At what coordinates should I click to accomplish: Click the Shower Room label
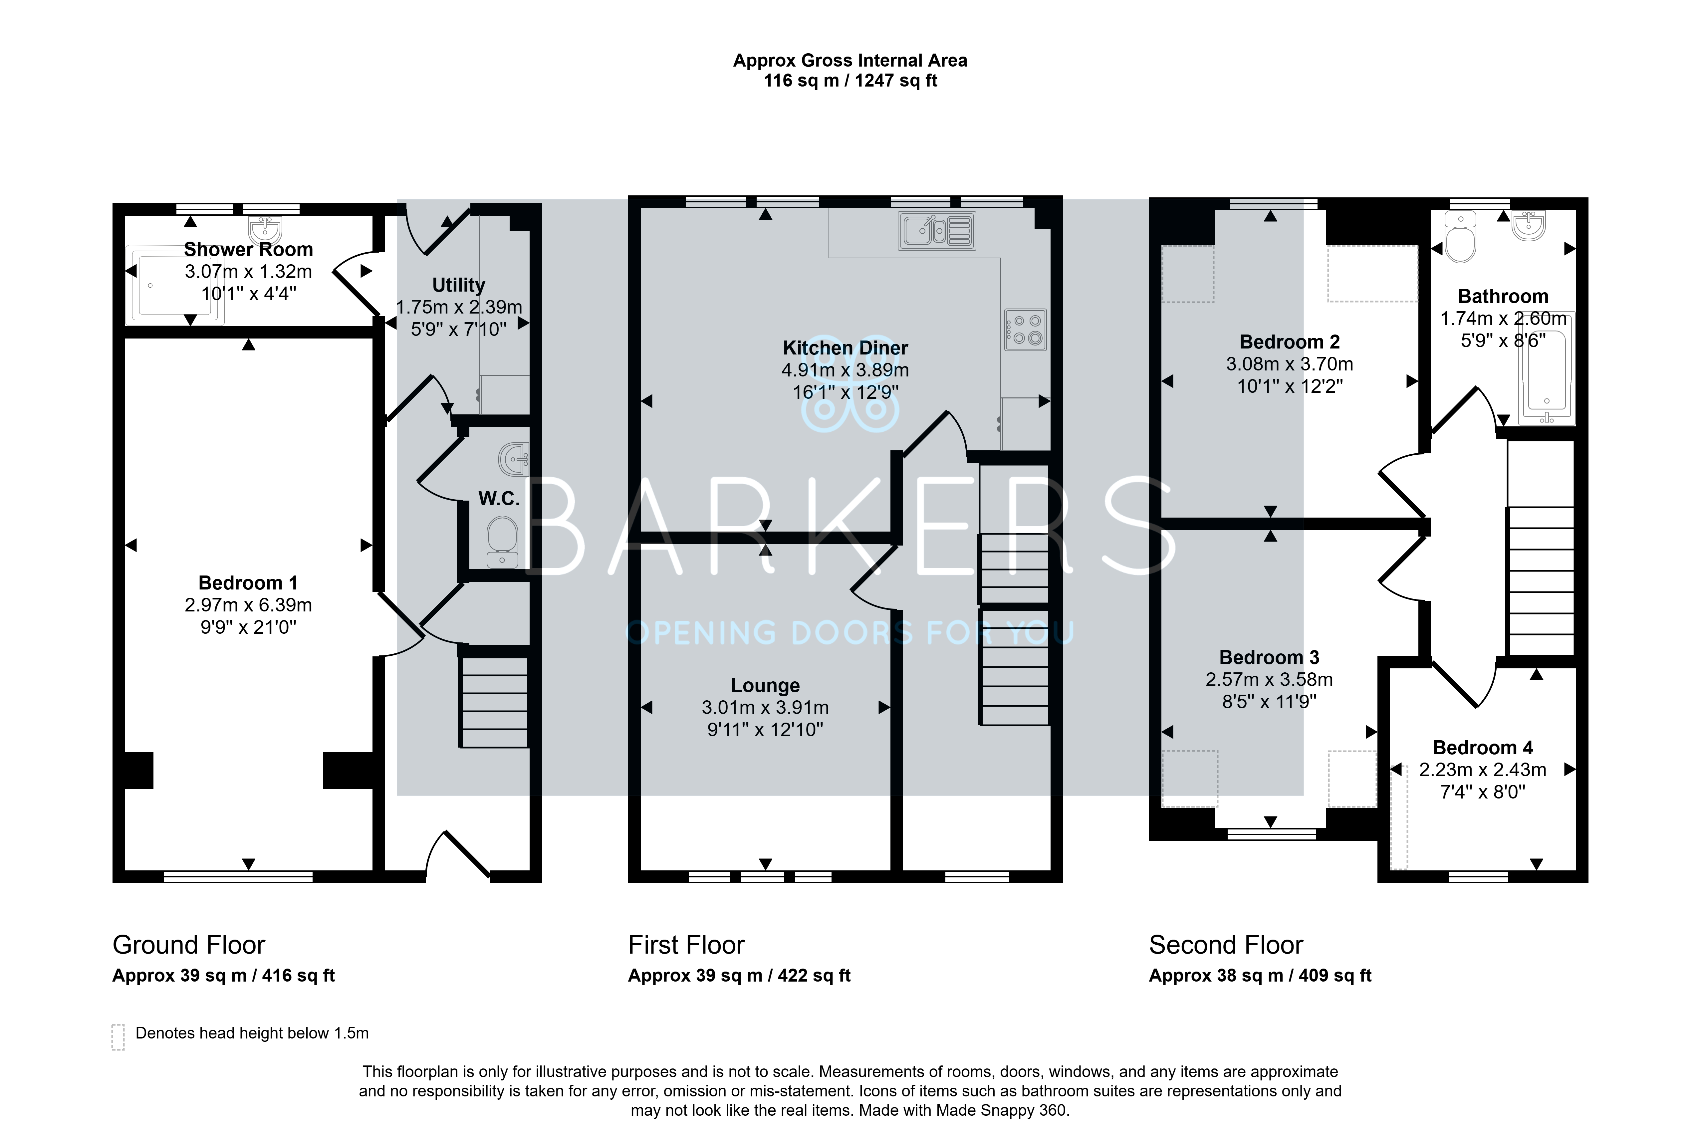(x=248, y=250)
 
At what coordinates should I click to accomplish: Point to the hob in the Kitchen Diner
(x=1025, y=329)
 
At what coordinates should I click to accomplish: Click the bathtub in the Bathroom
(x=1546, y=369)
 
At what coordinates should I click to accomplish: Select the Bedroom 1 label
(x=248, y=583)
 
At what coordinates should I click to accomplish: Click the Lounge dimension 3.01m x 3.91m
(x=765, y=708)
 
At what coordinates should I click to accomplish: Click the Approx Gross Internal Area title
(x=850, y=61)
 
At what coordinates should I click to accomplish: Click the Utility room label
(x=459, y=285)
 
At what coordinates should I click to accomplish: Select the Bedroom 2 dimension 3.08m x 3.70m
(x=1290, y=364)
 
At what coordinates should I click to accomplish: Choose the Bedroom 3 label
(x=1269, y=657)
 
